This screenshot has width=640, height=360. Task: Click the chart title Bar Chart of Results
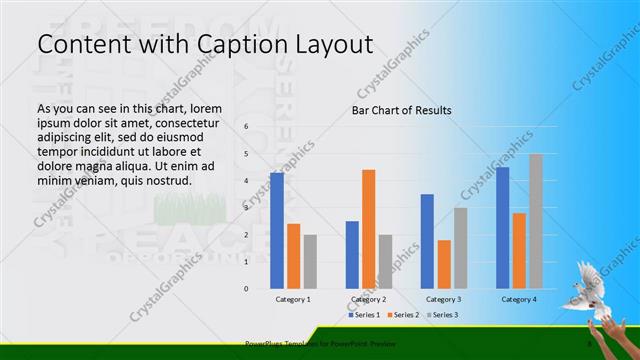[x=401, y=110]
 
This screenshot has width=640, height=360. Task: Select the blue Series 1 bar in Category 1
[x=277, y=230]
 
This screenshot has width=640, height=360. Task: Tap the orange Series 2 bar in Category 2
[x=368, y=229]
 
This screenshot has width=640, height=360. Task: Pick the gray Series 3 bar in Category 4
[x=535, y=221]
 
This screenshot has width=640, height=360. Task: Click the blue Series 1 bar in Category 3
[x=427, y=241]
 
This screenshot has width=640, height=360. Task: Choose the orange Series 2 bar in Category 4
[x=519, y=250]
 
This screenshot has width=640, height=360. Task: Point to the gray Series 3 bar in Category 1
[x=309, y=261]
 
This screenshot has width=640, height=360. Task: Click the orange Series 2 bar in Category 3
[x=443, y=264]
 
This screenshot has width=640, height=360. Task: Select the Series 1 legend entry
[x=363, y=315]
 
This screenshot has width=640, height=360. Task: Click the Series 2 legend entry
[x=403, y=315]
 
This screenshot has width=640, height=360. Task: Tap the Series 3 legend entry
[x=443, y=315]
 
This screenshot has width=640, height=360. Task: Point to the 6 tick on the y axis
[x=246, y=127]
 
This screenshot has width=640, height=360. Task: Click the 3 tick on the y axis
[x=246, y=208]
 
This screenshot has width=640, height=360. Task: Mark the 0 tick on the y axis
[x=246, y=289]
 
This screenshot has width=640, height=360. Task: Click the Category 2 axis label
[x=368, y=299]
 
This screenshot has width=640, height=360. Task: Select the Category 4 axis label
[x=519, y=299]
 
